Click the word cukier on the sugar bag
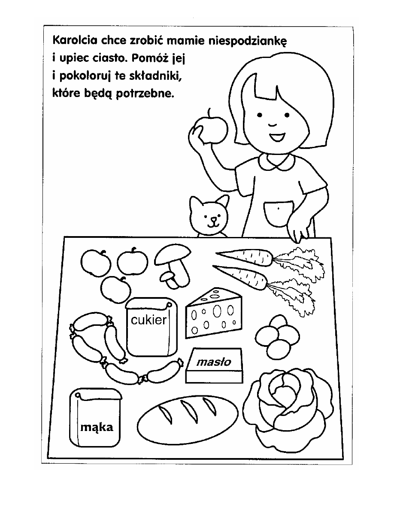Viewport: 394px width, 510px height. (149, 320)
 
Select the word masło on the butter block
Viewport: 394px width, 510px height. (214, 362)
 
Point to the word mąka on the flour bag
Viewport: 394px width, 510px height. (97, 427)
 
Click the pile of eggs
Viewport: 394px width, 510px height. (277, 337)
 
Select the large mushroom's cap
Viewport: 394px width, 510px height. (173, 254)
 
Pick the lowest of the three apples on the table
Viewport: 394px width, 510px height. (116, 289)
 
